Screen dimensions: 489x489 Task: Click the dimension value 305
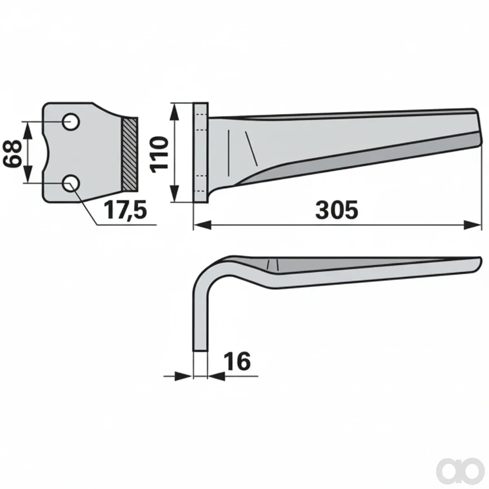337,210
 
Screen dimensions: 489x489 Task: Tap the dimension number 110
160,154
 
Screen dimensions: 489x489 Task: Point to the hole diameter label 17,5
125,210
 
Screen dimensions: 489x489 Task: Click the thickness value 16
238,361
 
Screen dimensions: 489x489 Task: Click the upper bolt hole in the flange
72,122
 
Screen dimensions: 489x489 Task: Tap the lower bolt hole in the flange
72,183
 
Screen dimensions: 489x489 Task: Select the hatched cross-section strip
130,154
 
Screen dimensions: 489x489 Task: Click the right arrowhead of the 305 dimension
472,225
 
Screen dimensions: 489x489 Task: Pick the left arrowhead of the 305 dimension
203,225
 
